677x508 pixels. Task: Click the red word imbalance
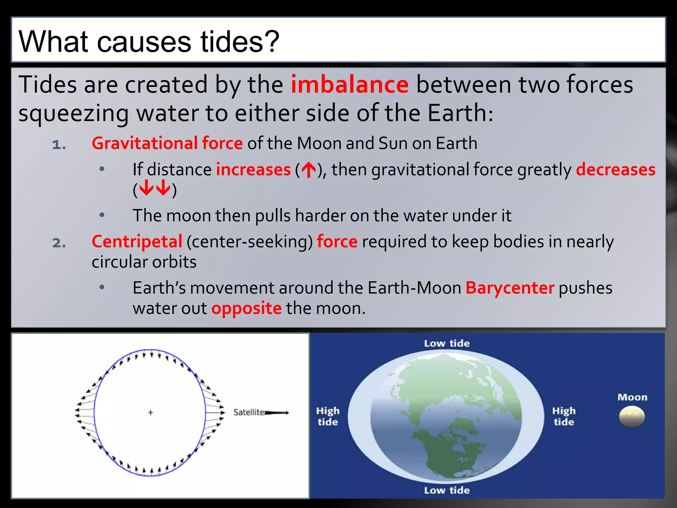coord(349,85)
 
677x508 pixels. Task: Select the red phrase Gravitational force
coord(167,143)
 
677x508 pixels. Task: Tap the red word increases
coord(253,170)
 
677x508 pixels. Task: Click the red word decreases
coord(616,170)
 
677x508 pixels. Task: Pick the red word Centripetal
coord(137,241)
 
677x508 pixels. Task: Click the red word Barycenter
coord(510,288)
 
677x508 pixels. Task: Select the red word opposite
coord(247,308)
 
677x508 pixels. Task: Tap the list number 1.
coord(59,145)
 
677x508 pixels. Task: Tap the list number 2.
coord(59,243)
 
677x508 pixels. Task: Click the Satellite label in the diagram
coord(249,412)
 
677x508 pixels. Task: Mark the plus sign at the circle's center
coord(151,412)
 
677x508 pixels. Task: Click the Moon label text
coord(632,397)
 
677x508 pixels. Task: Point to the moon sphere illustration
coord(632,417)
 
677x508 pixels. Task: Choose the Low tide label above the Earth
coord(447,343)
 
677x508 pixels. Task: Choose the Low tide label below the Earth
coord(447,490)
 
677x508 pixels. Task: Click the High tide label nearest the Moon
coord(564,416)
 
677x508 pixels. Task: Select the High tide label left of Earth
coord(328,416)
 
